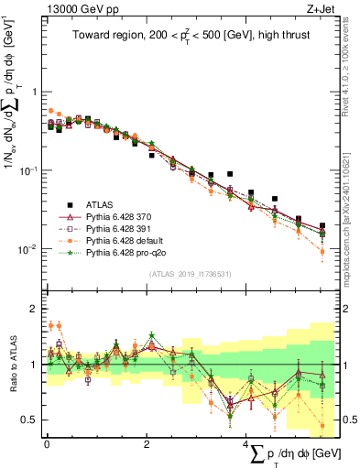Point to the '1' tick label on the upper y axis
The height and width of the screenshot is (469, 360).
point(35,92)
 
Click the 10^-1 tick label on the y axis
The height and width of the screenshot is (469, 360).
point(29,170)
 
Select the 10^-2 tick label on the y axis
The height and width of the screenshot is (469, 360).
point(29,249)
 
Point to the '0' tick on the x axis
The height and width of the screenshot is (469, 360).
point(47,443)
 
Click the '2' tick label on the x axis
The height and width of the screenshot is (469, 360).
point(147,443)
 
